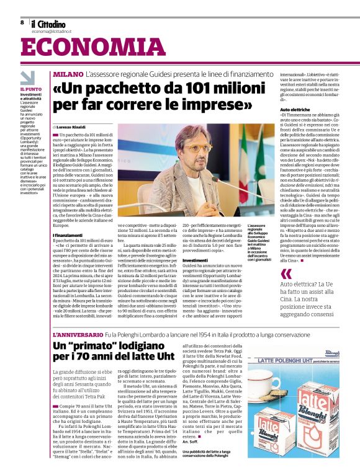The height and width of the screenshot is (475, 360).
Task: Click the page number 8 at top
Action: click(22, 22)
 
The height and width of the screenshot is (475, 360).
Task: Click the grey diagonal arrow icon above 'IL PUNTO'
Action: click(27, 78)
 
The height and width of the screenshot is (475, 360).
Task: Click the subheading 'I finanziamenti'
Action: click(70, 236)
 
